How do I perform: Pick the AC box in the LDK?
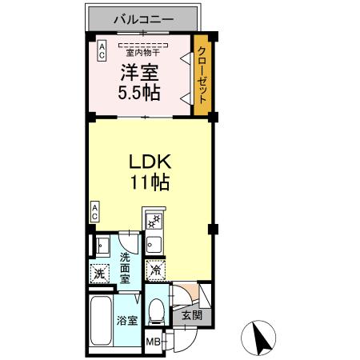pyautogui.click(x=94, y=211)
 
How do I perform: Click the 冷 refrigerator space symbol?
pyautogui.click(x=156, y=271)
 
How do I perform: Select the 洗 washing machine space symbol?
pyautogui.click(x=100, y=273)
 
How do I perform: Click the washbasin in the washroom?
pyautogui.click(x=102, y=245)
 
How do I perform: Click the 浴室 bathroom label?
pyautogui.click(x=126, y=321)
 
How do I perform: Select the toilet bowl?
pyautogui.click(x=158, y=310)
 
